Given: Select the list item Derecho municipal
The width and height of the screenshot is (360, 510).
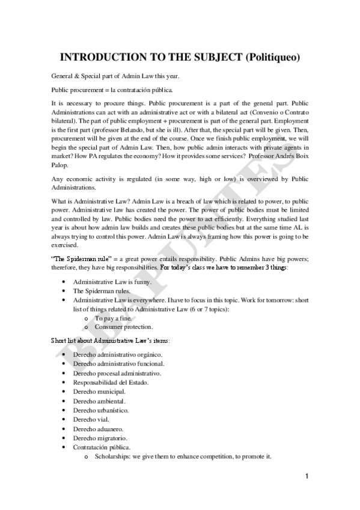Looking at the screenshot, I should pos(99,392).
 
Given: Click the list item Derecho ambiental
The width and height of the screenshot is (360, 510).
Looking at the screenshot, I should pos(99,401).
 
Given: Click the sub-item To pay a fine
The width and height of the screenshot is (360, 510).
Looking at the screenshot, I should pos(113,318).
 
